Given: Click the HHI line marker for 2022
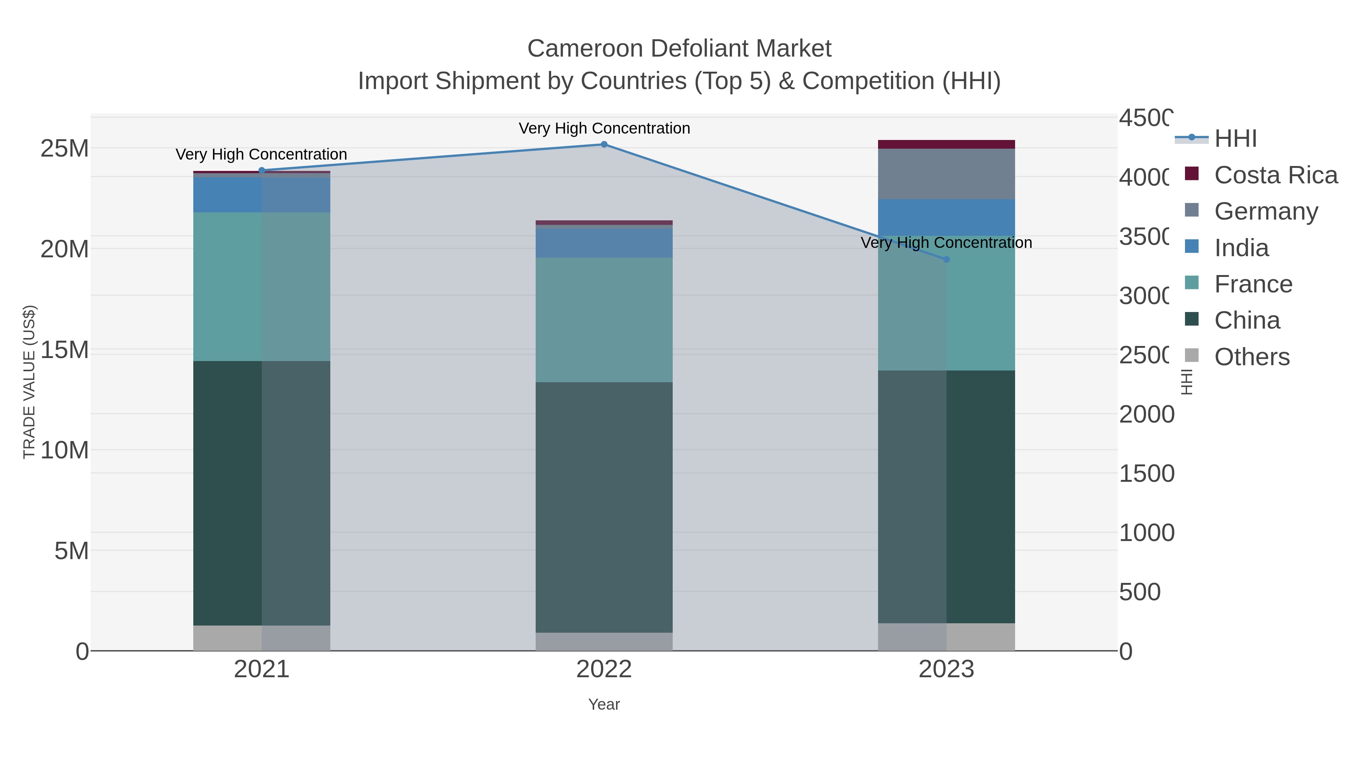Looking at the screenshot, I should [x=604, y=144].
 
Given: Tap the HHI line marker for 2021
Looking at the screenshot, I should [x=262, y=170].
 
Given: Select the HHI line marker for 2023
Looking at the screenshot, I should [x=946, y=260].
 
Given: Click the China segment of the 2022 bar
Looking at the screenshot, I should [x=604, y=506].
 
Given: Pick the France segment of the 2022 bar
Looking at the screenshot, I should [x=604, y=320].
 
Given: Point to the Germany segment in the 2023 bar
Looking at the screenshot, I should [x=946, y=174].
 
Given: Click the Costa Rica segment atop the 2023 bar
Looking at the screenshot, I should [x=946, y=144].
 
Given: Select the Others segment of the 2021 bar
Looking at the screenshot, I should [x=262, y=638].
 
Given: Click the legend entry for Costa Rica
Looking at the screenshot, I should [x=1276, y=175].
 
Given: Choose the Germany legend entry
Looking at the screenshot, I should [x=1266, y=211].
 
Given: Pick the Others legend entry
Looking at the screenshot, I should [x=1251, y=357].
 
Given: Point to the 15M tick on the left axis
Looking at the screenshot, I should [x=64, y=350].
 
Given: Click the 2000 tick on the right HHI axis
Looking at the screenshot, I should [x=1146, y=414].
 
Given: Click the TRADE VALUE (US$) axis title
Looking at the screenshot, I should [x=29, y=382].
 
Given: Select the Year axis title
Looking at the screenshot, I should [x=604, y=704].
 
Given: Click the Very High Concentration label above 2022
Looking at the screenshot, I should [x=604, y=128].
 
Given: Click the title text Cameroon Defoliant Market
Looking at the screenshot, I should [x=679, y=49].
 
